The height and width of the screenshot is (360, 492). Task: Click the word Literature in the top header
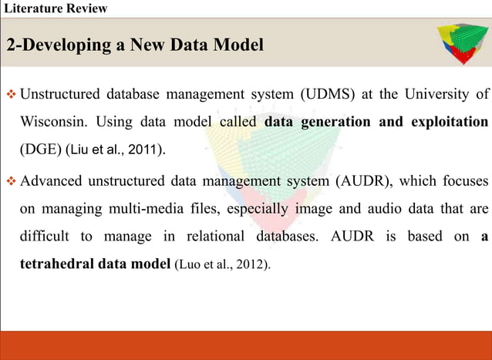[32, 9]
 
